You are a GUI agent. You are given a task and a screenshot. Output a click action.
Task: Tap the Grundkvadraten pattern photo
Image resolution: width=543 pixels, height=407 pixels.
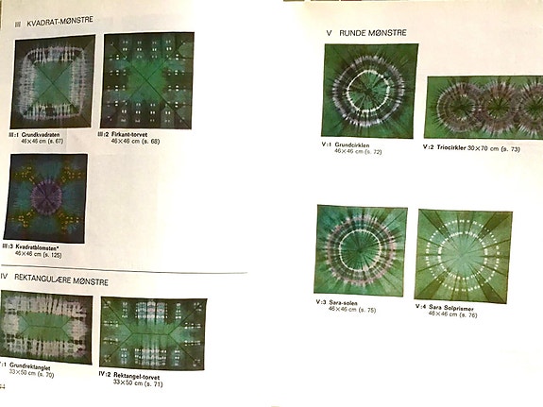tap(53, 81)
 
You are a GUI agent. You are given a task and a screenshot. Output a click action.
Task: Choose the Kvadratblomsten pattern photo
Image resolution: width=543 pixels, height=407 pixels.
tap(45, 198)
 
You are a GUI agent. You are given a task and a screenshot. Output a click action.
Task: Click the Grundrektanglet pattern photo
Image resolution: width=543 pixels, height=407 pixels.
tap(46, 328)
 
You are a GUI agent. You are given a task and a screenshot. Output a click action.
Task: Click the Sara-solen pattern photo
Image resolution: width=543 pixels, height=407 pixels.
tap(361, 249)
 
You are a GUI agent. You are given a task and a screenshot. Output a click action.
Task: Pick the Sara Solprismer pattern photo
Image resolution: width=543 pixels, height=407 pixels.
tap(462, 255)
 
